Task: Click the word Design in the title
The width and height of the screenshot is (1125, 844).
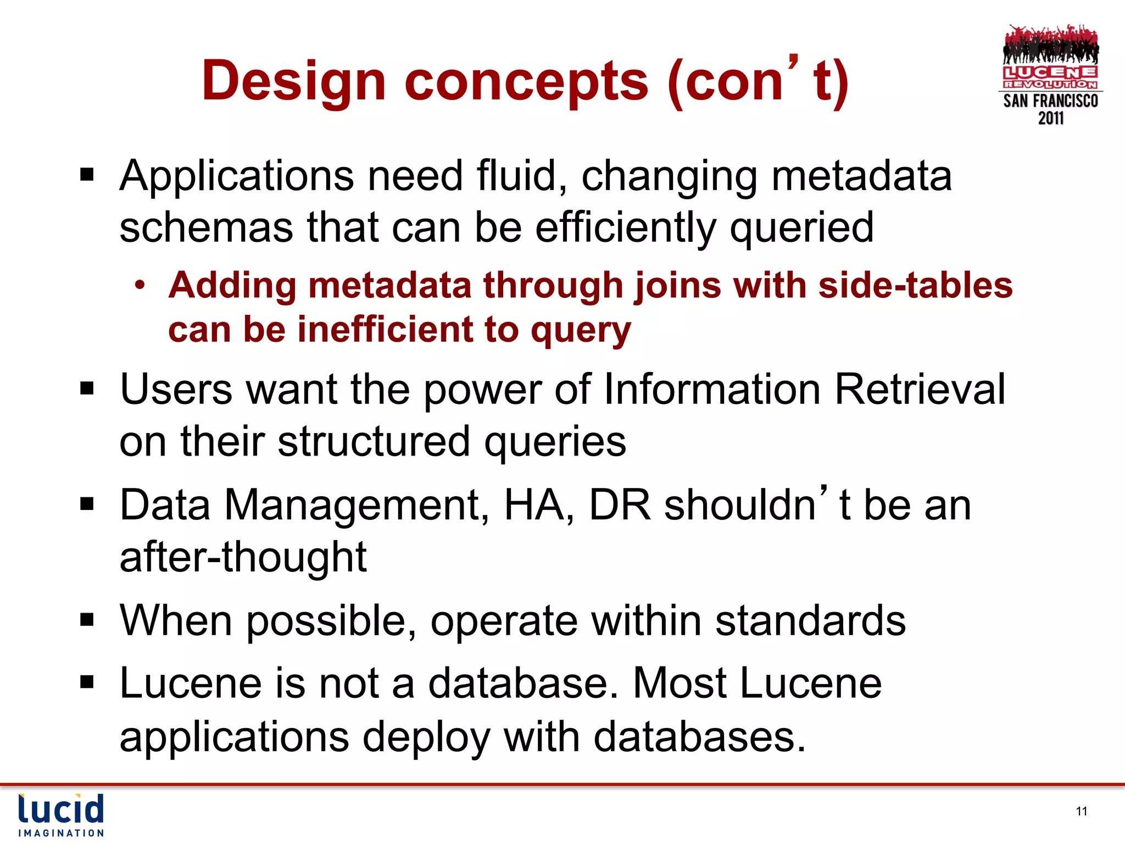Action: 294,81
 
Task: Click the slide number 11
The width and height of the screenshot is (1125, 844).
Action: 1081,811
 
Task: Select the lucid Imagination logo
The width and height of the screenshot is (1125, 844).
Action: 60,815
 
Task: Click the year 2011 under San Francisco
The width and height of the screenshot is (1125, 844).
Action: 1050,118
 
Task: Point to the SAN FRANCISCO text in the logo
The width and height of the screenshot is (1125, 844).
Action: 1050,101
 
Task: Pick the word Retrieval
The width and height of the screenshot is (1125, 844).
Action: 920,389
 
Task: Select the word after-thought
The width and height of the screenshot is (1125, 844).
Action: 243,557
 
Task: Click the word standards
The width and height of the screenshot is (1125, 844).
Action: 810,620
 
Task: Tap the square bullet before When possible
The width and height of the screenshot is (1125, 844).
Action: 87,620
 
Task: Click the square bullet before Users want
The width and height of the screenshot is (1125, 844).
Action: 87,388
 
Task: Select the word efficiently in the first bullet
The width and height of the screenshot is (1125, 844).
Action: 625,227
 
